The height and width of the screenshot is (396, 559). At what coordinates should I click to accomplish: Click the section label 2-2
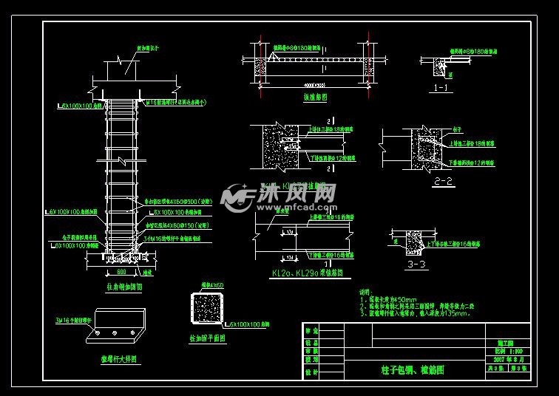coord(444,180)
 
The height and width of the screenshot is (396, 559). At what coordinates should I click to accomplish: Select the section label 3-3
coord(417,263)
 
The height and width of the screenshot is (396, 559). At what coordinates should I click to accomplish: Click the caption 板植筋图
coord(316,97)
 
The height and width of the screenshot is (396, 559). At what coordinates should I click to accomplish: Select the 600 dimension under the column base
coord(121,270)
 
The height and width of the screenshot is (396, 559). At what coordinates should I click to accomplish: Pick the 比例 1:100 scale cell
coord(511,350)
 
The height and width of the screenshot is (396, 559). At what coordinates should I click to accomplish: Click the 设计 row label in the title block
coord(310,372)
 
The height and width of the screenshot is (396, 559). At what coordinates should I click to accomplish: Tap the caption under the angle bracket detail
coord(121,360)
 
